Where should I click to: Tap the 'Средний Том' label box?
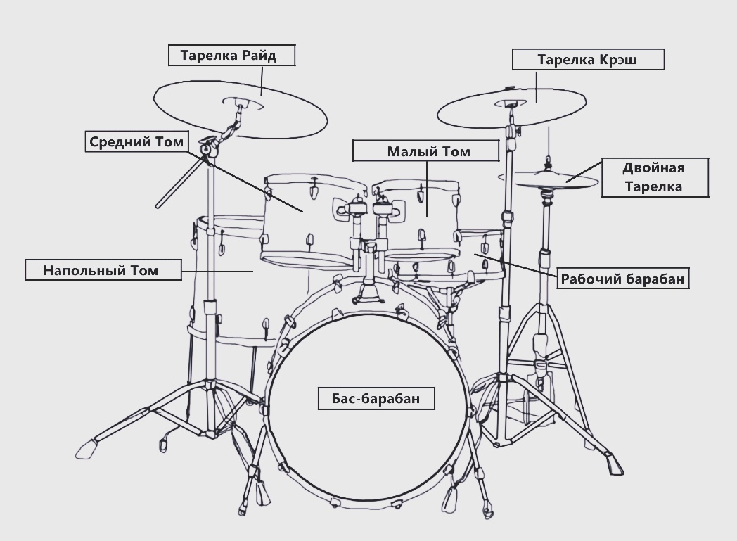(x=136, y=141)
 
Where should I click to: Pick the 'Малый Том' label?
(x=428, y=151)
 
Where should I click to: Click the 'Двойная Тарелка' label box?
(x=653, y=177)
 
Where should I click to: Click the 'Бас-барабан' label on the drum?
(x=376, y=397)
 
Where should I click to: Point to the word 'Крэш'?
(x=620, y=59)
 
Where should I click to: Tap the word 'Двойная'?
(x=653, y=167)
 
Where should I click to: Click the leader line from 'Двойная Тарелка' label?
(x=584, y=172)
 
